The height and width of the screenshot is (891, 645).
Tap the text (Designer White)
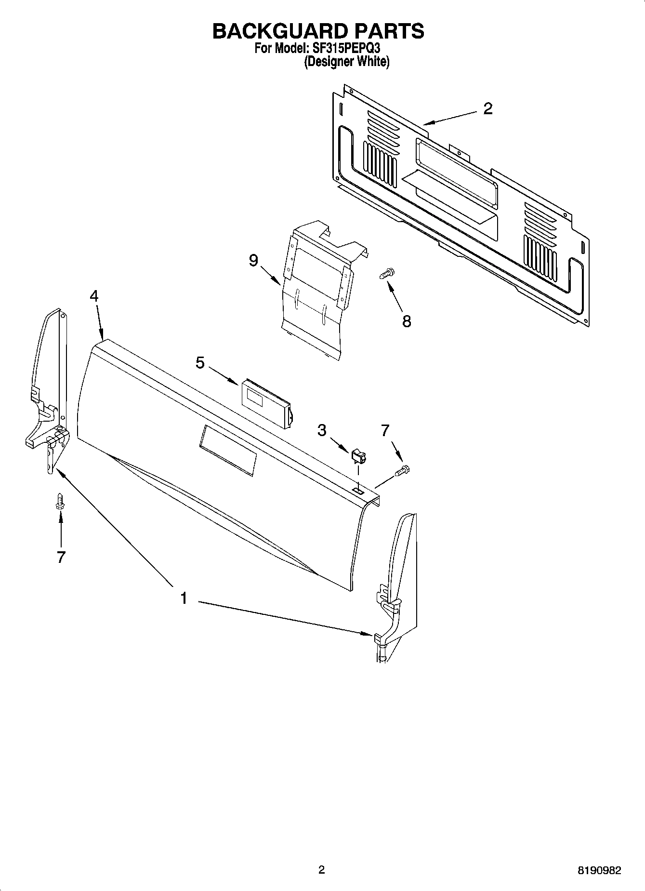click(x=346, y=62)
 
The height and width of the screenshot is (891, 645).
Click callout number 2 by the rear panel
click(x=487, y=109)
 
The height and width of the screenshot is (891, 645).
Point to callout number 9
click(x=253, y=261)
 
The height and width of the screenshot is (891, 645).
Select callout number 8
click(x=407, y=321)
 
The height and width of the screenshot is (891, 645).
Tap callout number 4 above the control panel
click(x=94, y=296)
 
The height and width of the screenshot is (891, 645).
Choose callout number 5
click(x=200, y=362)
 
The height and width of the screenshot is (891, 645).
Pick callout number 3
click(x=322, y=430)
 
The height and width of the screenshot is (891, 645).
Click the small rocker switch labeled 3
click(x=359, y=455)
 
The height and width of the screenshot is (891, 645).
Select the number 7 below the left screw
click(x=61, y=557)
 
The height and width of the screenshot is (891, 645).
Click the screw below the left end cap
click(x=60, y=500)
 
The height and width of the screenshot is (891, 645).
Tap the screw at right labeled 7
click(x=403, y=471)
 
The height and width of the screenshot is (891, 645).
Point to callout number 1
click(x=184, y=599)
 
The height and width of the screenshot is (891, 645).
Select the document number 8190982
click(x=599, y=870)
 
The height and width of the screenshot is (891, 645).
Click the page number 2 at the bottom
click(x=321, y=870)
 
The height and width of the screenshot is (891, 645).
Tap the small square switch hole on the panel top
click(x=358, y=490)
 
